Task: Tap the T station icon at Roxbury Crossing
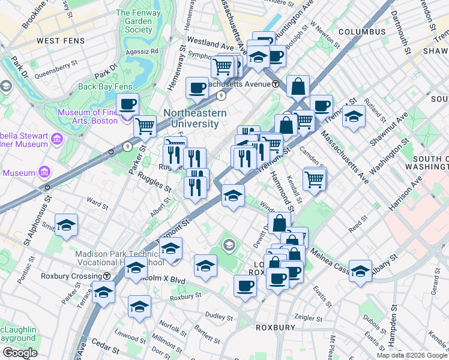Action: point(107,277)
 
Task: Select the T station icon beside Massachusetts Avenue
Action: point(275,84)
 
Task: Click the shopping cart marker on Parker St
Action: point(145,126)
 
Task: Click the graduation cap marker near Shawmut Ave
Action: point(354,116)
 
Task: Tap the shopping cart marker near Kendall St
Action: point(315,178)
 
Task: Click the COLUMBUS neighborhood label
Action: point(361,31)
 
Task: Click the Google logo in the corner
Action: point(20,352)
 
